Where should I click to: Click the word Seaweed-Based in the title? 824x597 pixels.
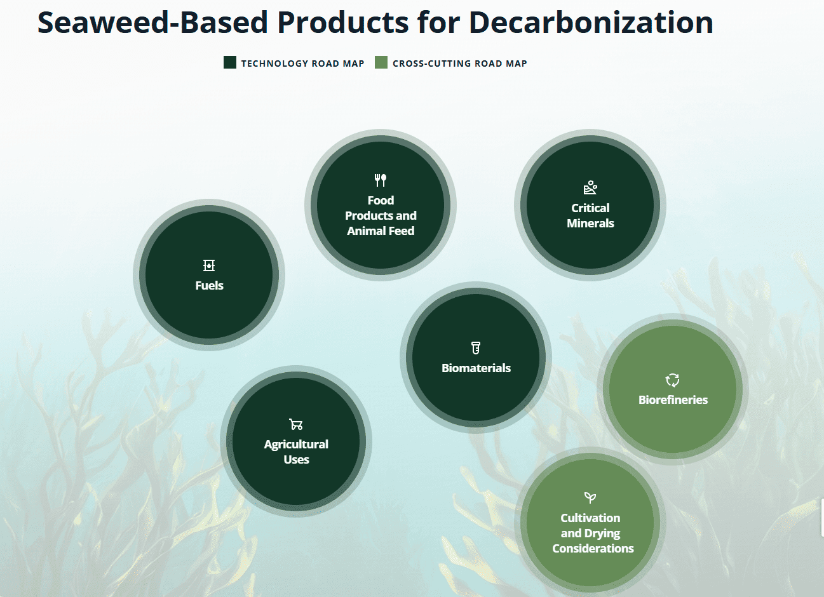tap(152, 22)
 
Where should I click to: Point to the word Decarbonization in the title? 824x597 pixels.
tap(591, 22)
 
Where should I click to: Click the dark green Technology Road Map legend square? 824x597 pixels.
tap(230, 62)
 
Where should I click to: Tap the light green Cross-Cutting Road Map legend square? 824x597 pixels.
tap(381, 62)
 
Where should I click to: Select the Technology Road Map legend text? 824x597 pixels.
tap(303, 64)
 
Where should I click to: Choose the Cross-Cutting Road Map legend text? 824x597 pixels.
tap(460, 64)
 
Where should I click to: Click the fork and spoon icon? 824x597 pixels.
tap(381, 180)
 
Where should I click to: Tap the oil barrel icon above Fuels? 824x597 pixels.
tap(209, 265)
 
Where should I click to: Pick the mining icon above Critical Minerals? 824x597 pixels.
tap(590, 187)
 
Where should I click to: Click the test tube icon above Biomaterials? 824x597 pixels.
tap(476, 348)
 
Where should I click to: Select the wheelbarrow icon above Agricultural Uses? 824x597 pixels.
tap(296, 424)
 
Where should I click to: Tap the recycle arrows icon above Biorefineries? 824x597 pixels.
tap(672, 380)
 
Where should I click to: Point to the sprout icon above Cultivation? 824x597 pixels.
tap(590, 498)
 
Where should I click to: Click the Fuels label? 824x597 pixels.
tap(209, 285)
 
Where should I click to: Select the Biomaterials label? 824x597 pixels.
tap(476, 368)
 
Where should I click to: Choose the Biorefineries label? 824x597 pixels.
tap(673, 400)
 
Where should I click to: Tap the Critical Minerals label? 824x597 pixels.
tap(590, 215)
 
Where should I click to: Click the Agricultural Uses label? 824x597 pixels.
tap(296, 452)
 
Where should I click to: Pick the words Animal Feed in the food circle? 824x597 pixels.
tap(381, 231)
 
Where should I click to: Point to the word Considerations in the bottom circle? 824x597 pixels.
tap(593, 549)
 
